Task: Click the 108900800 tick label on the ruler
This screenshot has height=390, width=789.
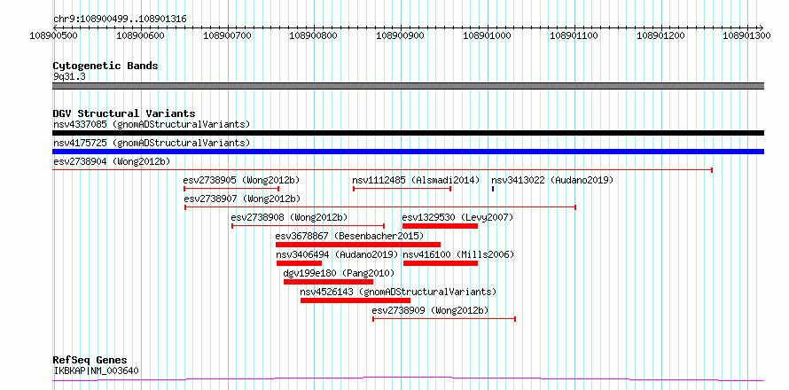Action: point(314,35)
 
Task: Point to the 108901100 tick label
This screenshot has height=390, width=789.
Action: point(574,35)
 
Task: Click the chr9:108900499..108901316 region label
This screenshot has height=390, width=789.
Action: point(120,19)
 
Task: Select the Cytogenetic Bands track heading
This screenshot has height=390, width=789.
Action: point(105,66)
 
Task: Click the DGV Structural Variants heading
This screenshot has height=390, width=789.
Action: point(124,113)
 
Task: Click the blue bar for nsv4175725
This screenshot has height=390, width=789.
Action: point(408,152)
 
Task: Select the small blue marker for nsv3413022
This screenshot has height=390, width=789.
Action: point(493,189)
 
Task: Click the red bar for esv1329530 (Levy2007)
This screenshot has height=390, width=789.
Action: point(440,226)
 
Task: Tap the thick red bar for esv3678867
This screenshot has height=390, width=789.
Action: point(358,245)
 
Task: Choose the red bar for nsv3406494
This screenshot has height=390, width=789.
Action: point(299,263)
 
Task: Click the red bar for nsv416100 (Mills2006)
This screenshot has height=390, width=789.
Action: point(441,263)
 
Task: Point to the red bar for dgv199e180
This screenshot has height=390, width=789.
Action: point(328,282)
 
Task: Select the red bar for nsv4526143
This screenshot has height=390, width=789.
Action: point(355,300)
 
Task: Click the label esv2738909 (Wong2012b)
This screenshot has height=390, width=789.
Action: point(430,310)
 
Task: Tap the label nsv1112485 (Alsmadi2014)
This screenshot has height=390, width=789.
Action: point(416,180)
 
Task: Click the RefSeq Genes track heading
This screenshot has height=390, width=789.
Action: point(90,361)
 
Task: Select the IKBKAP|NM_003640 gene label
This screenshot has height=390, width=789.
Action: point(96,371)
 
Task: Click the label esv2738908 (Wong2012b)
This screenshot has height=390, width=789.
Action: point(289,217)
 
